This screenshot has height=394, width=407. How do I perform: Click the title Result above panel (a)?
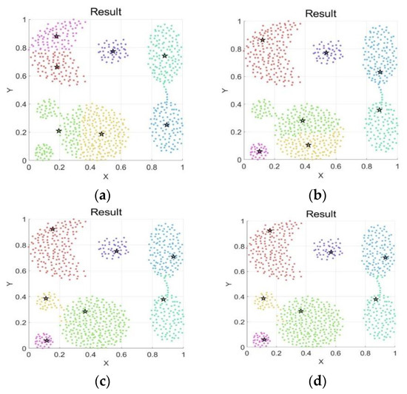pyautogui.click(x=106, y=10)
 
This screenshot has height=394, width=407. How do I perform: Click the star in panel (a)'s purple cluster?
pyautogui.click(x=112, y=52)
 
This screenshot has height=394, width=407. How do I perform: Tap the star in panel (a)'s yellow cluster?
pyautogui.click(x=101, y=134)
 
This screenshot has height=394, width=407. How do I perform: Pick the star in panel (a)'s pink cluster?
pyautogui.click(x=56, y=36)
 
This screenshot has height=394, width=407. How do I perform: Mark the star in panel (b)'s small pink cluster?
pyautogui.click(x=260, y=152)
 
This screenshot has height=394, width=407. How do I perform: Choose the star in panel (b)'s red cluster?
pyautogui.click(x=263, y=40)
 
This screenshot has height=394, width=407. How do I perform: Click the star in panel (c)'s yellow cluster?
pyautogui.click(x=46, y=299)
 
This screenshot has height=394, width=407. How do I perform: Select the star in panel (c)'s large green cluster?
pyautogui.click(x=85, y=311)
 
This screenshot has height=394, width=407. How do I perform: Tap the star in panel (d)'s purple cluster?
pyautogui.click(x=332, y=252)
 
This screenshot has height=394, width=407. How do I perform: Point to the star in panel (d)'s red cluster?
pyautogui.click(x=270, y=231)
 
